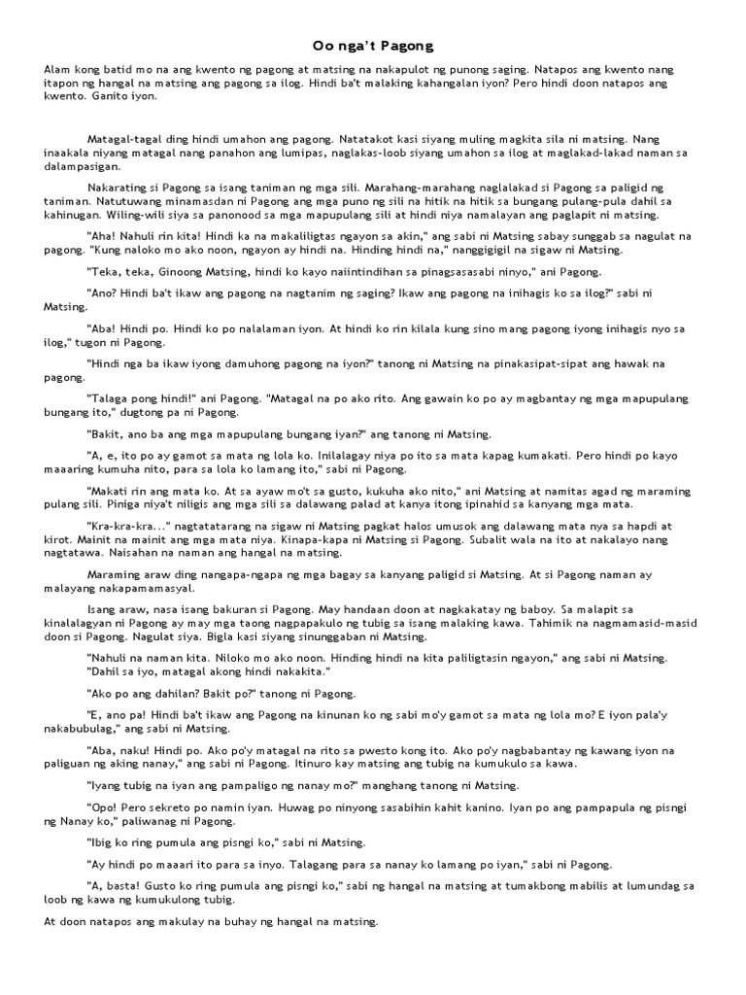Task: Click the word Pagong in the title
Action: [x=408, y=46]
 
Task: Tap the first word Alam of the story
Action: [x=58, y=71]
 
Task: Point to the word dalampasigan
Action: [x=85, y=166]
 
